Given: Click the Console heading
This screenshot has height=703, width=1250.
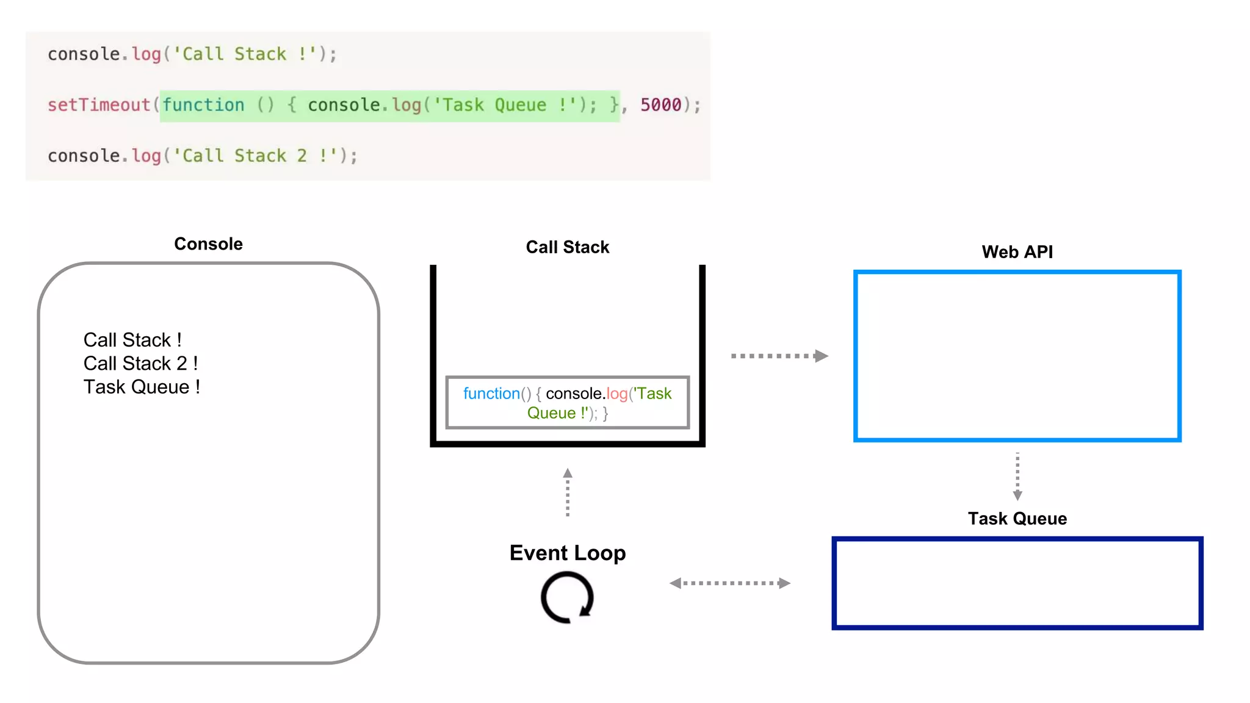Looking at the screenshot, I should tap(208, 244).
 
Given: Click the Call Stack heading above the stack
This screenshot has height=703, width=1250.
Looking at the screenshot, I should tap(567, 247).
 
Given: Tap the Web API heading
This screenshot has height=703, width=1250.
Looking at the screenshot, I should tap(1017, 252).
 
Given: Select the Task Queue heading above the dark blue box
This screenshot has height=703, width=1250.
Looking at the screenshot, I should tap(1017, 519).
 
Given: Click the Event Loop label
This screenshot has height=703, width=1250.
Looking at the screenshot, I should tap(567, 553).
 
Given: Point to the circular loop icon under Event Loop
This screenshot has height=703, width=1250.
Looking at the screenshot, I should tap(567, 597).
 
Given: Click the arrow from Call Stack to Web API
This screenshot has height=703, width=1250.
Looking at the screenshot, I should tap(779, 356).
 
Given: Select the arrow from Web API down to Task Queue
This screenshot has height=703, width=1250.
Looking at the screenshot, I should tap(1017, 477).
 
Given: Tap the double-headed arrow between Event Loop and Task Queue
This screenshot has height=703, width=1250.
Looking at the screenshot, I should tap(729, 583).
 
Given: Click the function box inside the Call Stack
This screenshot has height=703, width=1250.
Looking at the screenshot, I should tap(567, 403).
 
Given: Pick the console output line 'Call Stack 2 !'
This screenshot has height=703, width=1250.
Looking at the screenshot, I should tap(140, 364).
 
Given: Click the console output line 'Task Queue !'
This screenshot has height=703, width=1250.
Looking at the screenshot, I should tap(142, 388).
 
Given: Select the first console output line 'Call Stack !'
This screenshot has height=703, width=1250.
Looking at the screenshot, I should tap(132, 340).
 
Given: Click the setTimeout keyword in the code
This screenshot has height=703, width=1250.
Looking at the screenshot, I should tap(99, 105).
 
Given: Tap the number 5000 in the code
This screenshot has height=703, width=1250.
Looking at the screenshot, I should tap(660, 105).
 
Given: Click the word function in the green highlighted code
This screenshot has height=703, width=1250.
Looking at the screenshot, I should tap(203, 105).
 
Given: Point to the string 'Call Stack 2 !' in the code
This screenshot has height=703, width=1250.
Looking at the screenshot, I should tap(255, 156).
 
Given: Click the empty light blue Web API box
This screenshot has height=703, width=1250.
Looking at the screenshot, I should tap(1017, 356).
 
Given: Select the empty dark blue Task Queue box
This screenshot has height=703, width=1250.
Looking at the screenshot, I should tap(1017, 583).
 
